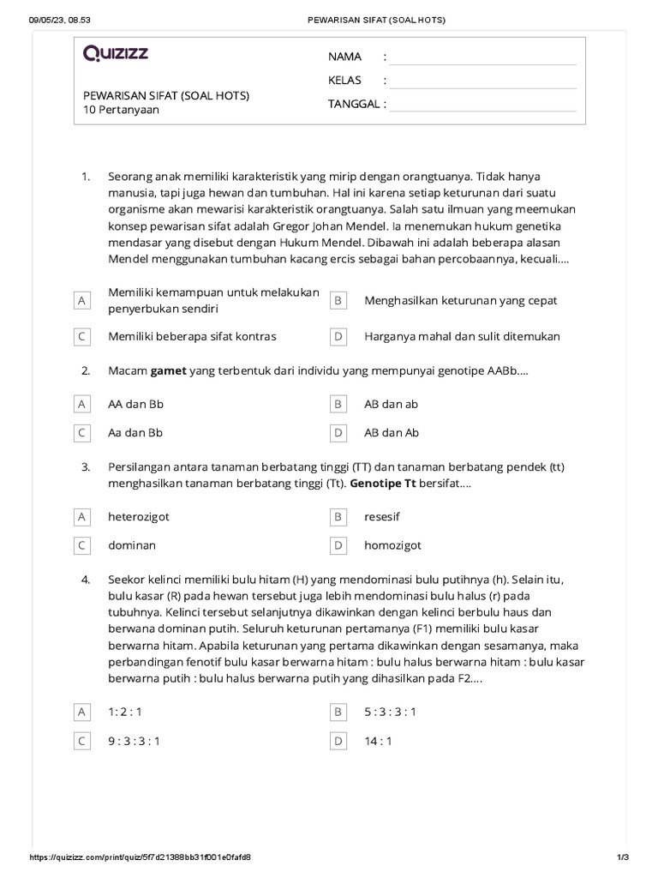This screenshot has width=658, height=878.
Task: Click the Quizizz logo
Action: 116,54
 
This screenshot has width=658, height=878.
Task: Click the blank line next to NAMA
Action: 484,57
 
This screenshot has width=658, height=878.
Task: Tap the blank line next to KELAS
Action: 484,81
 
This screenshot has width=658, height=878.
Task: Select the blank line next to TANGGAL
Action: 484,105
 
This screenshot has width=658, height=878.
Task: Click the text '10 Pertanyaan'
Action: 121,110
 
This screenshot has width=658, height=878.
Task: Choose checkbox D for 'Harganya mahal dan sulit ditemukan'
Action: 338,337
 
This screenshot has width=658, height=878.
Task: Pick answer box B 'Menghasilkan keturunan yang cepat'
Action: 338,301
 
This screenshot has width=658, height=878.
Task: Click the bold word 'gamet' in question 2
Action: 168,371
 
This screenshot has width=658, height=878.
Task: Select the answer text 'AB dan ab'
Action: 391,404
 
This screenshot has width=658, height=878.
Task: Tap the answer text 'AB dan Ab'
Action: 392,433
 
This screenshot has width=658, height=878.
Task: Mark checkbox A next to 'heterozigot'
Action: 81,517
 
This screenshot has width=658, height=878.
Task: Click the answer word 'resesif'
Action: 382,517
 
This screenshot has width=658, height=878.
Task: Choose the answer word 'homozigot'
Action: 392,545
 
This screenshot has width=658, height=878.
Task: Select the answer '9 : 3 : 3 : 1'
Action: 134,741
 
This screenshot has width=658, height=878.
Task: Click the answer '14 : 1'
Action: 378,741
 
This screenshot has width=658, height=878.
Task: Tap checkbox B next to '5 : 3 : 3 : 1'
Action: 338,712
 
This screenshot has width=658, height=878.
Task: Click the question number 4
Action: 86,580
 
